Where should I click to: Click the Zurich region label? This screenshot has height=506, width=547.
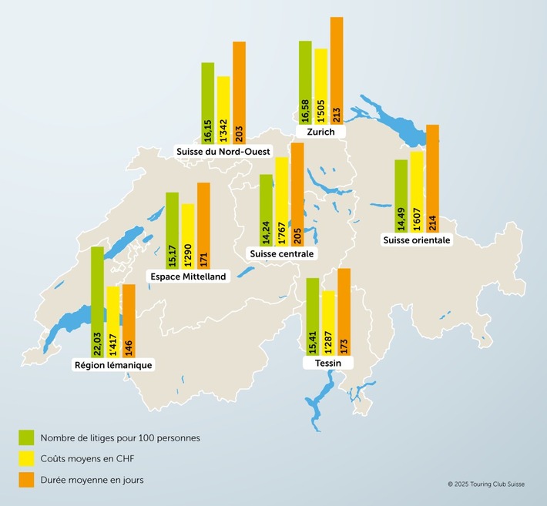320,132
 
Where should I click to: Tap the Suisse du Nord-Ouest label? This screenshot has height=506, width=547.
223,152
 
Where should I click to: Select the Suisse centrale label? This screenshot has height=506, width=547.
283,253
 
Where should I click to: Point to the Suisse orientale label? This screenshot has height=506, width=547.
416,240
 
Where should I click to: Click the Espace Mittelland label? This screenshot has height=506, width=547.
189,276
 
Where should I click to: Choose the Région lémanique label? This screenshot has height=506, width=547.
113,365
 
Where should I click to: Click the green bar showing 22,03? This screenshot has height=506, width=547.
97,300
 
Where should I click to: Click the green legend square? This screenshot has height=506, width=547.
26,437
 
